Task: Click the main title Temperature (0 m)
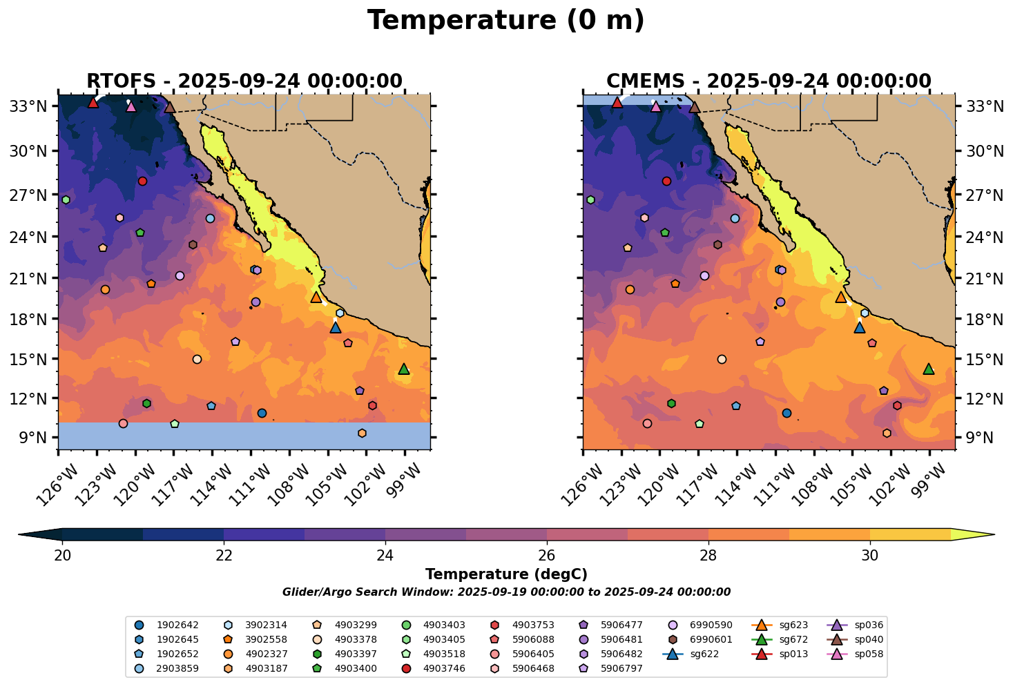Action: [x=505, y=21]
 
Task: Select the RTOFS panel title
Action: [x=244, y=81]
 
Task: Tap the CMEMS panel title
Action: [x=769, y=81]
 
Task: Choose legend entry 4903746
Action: [x=443, y=668]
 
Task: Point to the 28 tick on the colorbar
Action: [x=708, y=556]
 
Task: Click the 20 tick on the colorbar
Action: [x=63, y=556]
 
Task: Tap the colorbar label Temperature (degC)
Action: [x=506, y=574]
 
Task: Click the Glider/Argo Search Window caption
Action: [x=506, y=592]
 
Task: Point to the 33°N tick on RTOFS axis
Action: [x=32, y=106]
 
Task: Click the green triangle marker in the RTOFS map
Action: [x=404, y=369]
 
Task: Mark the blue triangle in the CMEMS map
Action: [x=860, y=328]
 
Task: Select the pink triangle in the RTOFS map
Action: [x=131, y=106]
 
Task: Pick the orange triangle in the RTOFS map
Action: [x=316, y=298]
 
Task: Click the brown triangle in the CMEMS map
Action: [x=695, y=107]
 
